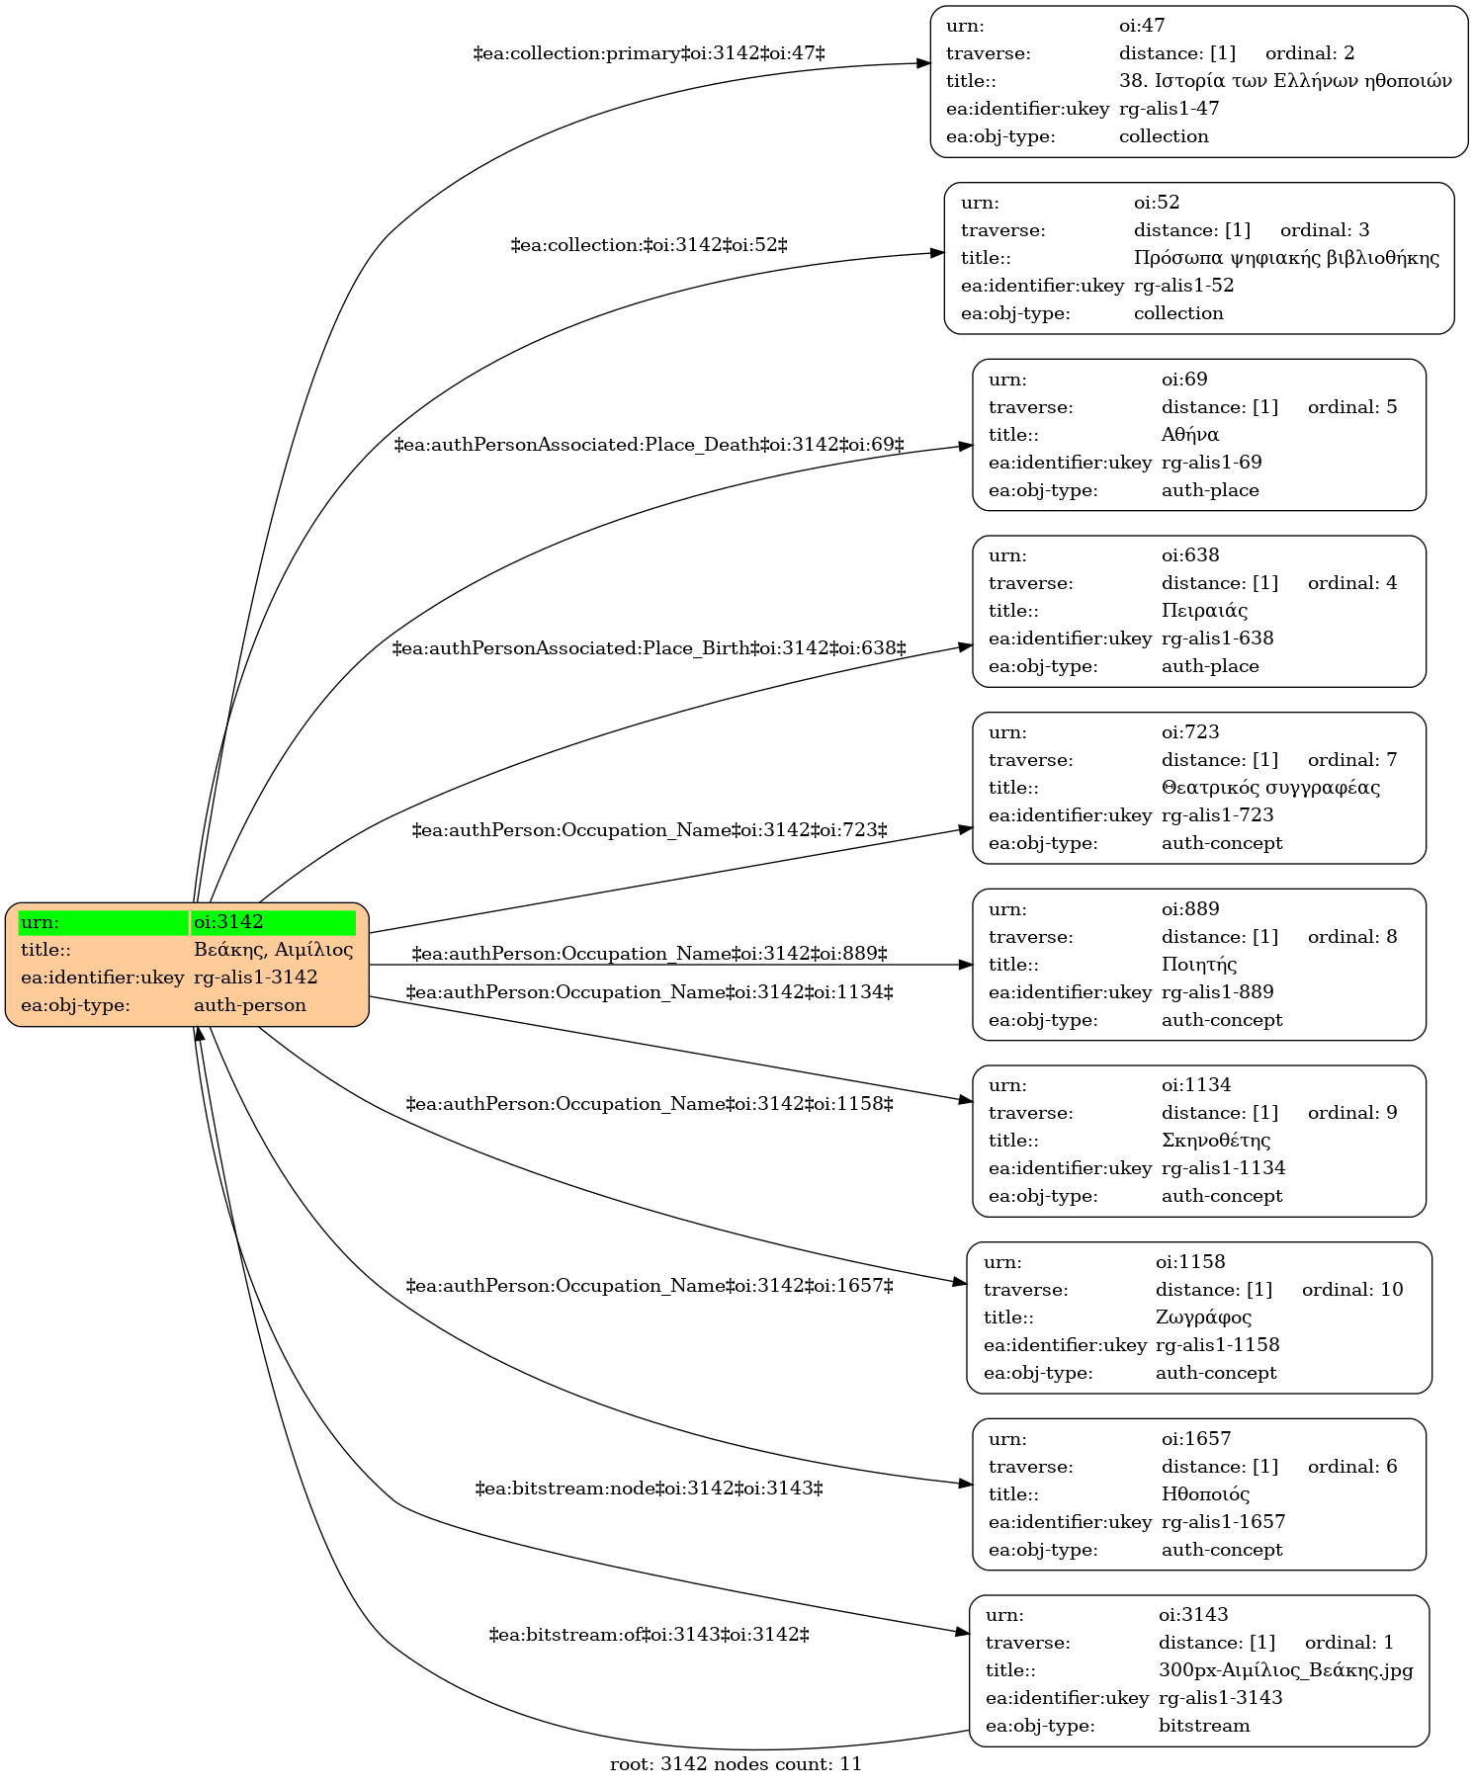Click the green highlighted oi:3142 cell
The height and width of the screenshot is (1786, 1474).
click(273, 922)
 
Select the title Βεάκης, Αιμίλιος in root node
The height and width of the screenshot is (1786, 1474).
click(273, 950)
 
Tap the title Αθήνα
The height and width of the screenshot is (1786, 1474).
click(1190, 435)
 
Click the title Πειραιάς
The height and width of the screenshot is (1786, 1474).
click(1204, 611)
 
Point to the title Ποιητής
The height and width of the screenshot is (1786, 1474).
click(1199, 965)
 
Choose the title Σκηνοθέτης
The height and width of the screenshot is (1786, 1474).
click(1216, 1141)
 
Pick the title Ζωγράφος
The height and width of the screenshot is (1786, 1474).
click(1203, 1318)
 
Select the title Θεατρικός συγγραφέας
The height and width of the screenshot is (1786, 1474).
click(1270, 788)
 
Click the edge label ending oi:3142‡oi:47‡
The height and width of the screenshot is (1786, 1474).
click(650, 53)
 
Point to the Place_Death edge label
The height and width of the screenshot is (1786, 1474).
click(650, 446)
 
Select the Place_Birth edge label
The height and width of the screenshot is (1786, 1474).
click(650, 649)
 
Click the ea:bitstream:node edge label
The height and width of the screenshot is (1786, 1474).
click(650, 1488)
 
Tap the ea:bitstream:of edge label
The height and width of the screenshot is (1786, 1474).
click(650, 1636)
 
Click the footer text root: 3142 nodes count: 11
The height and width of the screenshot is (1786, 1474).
click(736, 1764)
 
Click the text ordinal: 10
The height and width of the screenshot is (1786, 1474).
click(1352, 1290)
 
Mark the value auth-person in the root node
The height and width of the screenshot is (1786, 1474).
click(250, 1005)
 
